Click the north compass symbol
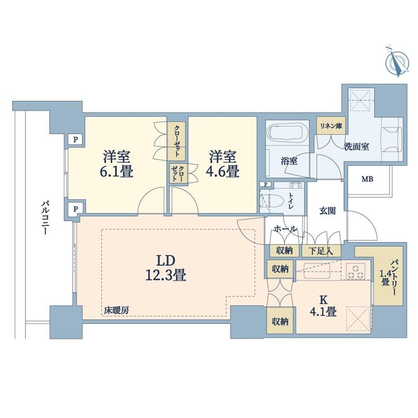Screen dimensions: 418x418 397,62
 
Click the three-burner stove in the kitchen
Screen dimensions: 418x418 356,271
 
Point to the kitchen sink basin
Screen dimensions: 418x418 317,271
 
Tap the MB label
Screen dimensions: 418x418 368,179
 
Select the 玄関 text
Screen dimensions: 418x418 327,211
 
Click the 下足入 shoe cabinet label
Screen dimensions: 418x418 321,251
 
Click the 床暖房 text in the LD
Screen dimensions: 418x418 117,310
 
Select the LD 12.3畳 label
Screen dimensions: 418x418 165,268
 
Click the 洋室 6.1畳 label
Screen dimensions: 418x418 117,164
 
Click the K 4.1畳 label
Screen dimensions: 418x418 323,306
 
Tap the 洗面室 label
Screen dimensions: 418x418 356,146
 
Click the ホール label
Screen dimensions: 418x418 285,229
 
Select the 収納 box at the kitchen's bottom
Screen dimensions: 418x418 280,322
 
